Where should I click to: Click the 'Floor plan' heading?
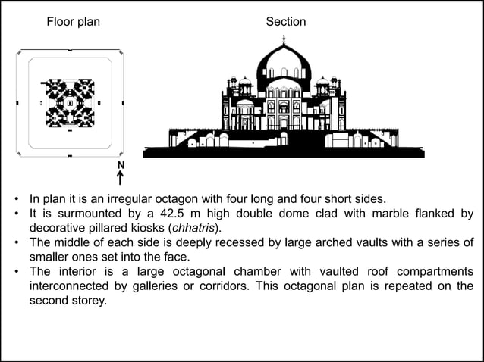73,22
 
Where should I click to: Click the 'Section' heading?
286,22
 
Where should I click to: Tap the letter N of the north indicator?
121,166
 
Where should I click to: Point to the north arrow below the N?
121,179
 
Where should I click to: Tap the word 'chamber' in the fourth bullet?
239,272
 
